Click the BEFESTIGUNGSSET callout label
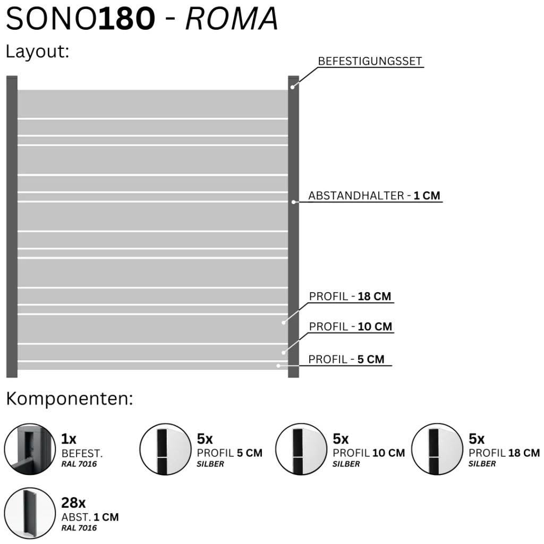pos(370,61)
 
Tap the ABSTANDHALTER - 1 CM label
pos(374,195)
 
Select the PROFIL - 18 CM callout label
pos(350,296)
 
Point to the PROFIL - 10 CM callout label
pos(351,327)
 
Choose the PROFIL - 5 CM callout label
pos(346,359)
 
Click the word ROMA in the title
pos(232,19)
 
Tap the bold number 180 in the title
pos(126,19)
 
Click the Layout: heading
pos(38,52)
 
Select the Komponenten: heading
pos(70,398)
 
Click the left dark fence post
pos(12,226)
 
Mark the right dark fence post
pos(293,226)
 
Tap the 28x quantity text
pos(73,503)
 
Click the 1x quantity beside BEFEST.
pos(69,439)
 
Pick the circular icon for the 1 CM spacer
pos(30,513)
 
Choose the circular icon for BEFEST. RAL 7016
pos(30,449)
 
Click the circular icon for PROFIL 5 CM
pos(166,449)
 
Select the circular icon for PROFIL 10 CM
pos(301,449)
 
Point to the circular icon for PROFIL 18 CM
pos(437,449)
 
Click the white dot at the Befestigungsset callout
pos(293,88)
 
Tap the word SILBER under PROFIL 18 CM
pos(482,463)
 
